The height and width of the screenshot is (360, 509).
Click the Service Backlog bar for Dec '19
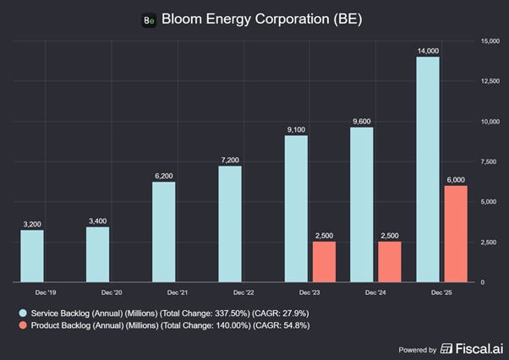click(32, 256)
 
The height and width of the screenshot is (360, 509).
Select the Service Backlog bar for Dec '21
click(164, 232)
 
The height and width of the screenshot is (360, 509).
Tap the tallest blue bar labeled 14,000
click(428, 169)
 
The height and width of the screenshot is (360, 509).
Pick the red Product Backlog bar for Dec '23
click(325, 262)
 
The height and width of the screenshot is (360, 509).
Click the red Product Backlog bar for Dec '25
click(456, 234)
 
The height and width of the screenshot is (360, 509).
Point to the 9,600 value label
click(362, 122)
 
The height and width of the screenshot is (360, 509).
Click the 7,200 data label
click(230, 160)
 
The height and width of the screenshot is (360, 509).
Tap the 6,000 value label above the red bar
click(456, 180)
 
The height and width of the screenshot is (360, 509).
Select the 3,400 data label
click(98, 221)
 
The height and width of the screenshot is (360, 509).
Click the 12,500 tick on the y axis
click(490, 81)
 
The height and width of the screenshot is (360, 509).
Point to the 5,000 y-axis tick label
click(489, 202)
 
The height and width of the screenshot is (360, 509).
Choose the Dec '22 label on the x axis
click(244, 292)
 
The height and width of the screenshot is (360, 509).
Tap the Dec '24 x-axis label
click(375, 292)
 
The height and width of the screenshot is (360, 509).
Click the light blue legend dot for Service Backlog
click(23, 313)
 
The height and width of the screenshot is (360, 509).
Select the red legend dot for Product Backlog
click(23, 325)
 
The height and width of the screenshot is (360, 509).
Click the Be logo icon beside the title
click(149, 20)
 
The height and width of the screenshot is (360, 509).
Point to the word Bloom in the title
click(182, 19)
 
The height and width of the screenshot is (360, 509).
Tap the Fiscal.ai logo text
click(479, 349)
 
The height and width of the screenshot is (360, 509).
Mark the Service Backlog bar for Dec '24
click(362, 205)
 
